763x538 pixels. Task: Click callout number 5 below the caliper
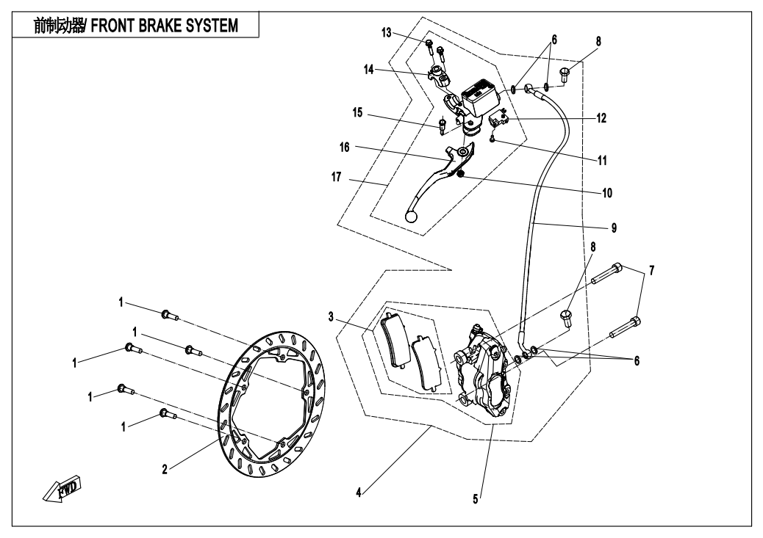(x=476, y=498)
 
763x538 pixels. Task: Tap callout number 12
(x=601, y=117)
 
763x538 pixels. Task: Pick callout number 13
(x=387, y=33)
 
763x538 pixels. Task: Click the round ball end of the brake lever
(x=412, y=217)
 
